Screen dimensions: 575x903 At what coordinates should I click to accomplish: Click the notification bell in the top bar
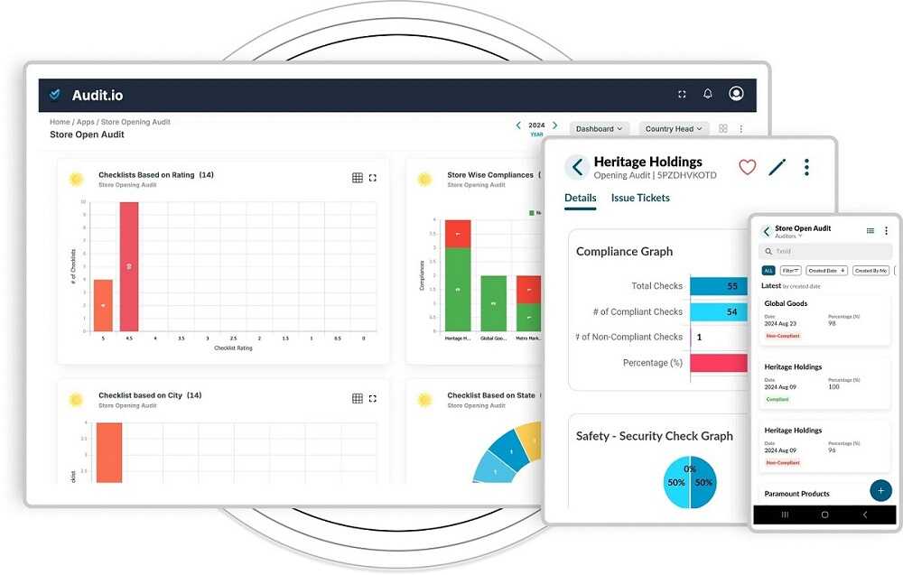pyautogui.click(x=708, y=94)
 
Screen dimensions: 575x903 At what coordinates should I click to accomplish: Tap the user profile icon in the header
pyautogui.click(x=736, y=94)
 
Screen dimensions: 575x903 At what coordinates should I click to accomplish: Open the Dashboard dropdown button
pyautogui.click(x=600, y=129)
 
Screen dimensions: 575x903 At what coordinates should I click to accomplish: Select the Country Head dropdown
pyautogui.click(x=674, y=129)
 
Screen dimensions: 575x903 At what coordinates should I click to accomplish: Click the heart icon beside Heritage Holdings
pyautogui.click(x=747, y=167)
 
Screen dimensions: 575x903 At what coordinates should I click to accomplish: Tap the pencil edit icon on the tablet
pyautogui.click(x=777, y=167)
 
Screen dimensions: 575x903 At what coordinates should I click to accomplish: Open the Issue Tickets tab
pyautogui.click(x=640, y=198)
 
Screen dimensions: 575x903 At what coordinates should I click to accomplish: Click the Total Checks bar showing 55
pyautogui.click(x=719, y=286)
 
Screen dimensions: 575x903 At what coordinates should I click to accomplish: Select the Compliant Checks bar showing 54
pyautogui.click(x=719, y=311)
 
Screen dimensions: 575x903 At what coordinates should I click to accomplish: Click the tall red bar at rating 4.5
pyautogui.click(x=129, y=266)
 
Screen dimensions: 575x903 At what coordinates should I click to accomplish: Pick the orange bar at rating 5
pyautogui.click(x=104, y=305)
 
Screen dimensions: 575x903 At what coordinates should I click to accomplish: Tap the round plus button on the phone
pyautogui.click(x=880, y=490)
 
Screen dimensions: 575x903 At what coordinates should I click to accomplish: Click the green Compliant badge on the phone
pyautogui.click(x=777, y=399)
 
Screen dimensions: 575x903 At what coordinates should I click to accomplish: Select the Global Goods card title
pyautogui.click(x=786, y=303)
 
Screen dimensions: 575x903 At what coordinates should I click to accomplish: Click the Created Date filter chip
pyautogui.click(x=827, y=271)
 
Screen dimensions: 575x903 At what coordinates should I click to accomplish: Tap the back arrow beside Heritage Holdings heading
pyautogui.click(x=577, y=167)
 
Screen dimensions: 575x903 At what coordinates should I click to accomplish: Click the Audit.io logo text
pyautogui.click(x=97, y=94)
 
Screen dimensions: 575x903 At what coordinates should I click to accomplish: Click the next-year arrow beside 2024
pyautogui.click(x=555, y=125)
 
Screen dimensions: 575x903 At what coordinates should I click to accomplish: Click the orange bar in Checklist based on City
pyautogui.click(x=109, y=451)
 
